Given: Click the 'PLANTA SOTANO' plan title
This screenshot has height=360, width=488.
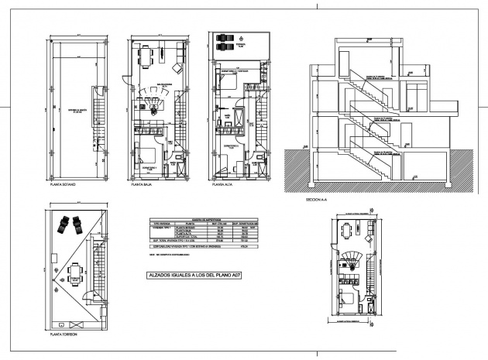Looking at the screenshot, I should (x=62, y=187).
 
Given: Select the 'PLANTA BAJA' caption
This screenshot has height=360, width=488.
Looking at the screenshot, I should (x=141, y=187).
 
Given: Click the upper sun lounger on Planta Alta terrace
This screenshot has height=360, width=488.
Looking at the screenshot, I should (x=225, y=37).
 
